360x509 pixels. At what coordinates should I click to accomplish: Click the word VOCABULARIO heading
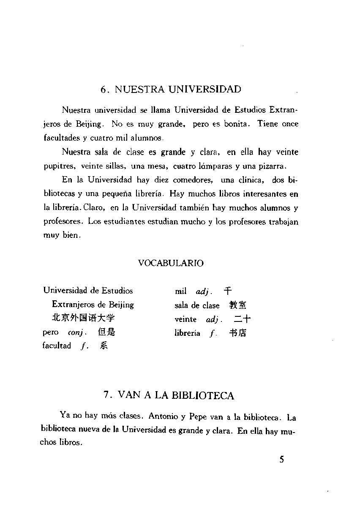click(171, 263)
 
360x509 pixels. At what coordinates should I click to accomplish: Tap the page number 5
click(282, 460)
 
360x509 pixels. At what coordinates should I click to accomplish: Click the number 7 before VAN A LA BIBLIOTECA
click(107, 395)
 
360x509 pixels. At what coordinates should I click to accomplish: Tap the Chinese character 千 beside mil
click(228, 291)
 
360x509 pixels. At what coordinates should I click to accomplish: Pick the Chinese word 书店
click(238, 333)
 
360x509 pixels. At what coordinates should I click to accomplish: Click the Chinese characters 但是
click(106, 332)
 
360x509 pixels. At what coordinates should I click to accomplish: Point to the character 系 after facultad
click(104, 346)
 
